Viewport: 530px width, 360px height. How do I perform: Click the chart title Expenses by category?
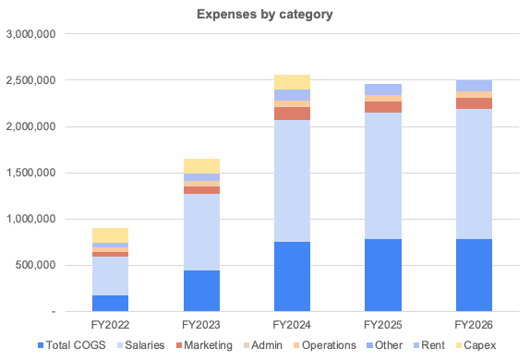[264, 15]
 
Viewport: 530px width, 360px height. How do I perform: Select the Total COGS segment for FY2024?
[292, 276]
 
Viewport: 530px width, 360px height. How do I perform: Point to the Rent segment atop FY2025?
[381, 90]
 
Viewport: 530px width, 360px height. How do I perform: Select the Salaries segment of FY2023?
[202, 232]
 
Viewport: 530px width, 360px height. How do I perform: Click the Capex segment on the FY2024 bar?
[292, 81]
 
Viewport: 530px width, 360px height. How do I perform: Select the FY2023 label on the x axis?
[202, 326]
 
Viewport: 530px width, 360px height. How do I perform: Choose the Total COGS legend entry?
[73, 345]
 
